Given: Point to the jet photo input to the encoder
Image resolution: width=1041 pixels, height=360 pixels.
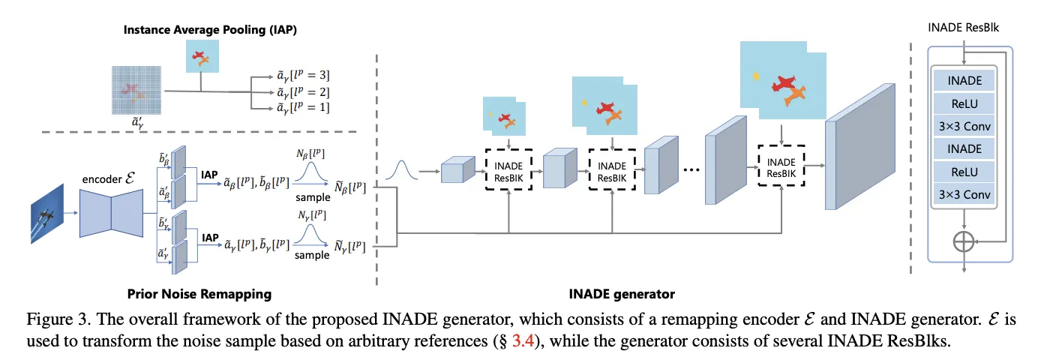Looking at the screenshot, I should (x=44, y=217).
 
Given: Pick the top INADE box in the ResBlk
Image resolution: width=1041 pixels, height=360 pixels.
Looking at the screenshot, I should (x=963, y=79).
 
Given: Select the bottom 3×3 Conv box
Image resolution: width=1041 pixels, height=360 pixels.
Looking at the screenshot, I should (x=963, y=196).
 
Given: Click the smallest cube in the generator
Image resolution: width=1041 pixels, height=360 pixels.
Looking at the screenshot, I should (x=452, y=171).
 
